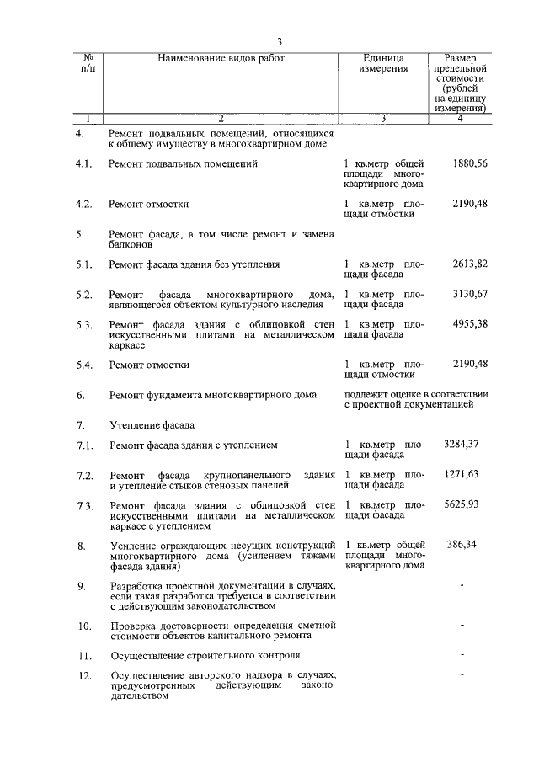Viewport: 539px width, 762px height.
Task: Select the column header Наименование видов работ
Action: pyautogui.click(x=221, y=58)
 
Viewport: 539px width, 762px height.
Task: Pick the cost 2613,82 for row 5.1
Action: pyautogui.click(x=470, y=264)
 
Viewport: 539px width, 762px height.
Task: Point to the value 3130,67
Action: pyautogui.click(x=470, y=293)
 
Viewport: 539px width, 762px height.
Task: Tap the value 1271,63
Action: pyautogui.click(x=462, y=474)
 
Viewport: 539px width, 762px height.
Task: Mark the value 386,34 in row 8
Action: pyautogui.click(x=462, y=545)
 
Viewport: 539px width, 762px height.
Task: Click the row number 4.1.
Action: pyautogui.click(x=83, y=163)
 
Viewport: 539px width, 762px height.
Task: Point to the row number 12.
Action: pyautogui.click(x=83, y=675)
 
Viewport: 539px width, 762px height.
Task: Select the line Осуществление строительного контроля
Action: pyautogui.click(x=205, y=654)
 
